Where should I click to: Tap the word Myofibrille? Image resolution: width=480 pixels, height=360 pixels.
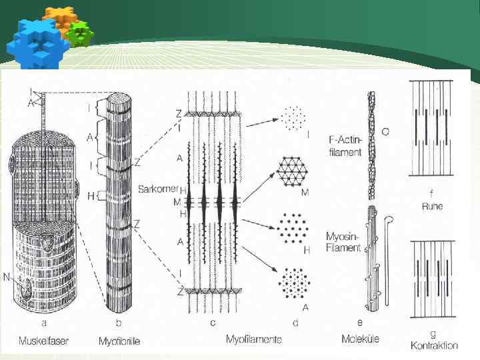119,341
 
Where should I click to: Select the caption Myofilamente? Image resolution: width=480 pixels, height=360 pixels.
254,339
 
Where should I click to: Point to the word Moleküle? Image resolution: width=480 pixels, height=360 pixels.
360,339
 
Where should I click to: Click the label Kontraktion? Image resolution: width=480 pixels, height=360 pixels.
433,345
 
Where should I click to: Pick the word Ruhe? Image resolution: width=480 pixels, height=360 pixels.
432,206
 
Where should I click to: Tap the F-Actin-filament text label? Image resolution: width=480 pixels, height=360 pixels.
345,147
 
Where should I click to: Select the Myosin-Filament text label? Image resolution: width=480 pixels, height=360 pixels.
344,243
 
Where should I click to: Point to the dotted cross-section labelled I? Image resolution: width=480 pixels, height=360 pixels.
293,118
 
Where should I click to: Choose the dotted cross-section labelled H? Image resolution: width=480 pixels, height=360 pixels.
293,226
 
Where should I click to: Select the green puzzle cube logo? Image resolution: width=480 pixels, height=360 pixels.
81,33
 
